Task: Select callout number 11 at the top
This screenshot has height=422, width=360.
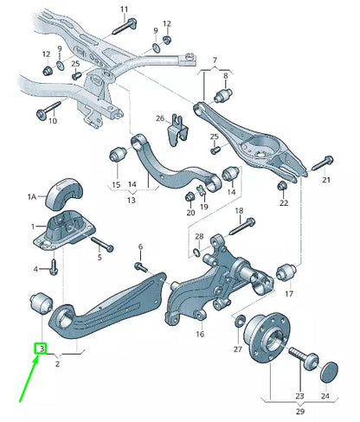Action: tap(123, 10)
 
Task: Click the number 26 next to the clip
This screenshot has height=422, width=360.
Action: tap(159, 118)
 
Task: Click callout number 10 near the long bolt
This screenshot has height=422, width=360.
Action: tap(52, 121)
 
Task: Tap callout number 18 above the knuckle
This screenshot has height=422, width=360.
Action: tap(239, 211)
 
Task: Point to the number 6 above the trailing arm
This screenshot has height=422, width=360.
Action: tap(139, 246)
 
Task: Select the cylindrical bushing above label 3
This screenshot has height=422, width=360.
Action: tap(41, 302)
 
